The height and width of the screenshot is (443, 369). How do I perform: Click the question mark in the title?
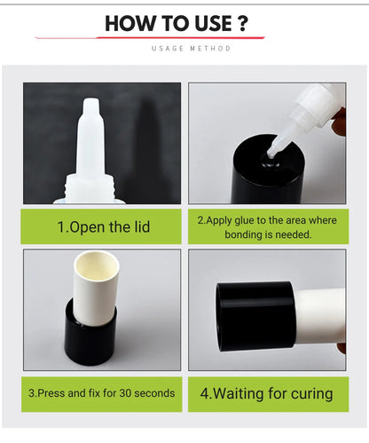coord(242,23)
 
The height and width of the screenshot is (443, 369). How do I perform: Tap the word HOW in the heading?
coord(129,23)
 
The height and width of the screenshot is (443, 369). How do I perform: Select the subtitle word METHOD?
coord(210,48)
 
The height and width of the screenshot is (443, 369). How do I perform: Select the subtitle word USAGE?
coord(168,48)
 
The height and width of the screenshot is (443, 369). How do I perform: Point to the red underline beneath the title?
coord(150,37)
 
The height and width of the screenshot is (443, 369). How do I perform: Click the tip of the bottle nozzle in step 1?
coord(91,100)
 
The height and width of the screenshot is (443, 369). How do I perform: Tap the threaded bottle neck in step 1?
coord(89,188)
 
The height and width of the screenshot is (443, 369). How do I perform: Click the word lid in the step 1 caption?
coord(141,227)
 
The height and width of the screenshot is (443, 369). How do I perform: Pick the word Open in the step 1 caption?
coord(88,227)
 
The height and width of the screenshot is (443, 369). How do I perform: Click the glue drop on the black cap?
coord(270,163)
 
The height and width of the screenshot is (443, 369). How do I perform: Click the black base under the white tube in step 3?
coord(90,337)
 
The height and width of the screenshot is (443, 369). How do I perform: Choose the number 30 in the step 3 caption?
coord(125,393)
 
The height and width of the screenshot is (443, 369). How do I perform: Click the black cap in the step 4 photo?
coord(255,316)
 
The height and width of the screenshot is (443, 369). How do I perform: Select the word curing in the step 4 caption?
coord(311,394)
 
